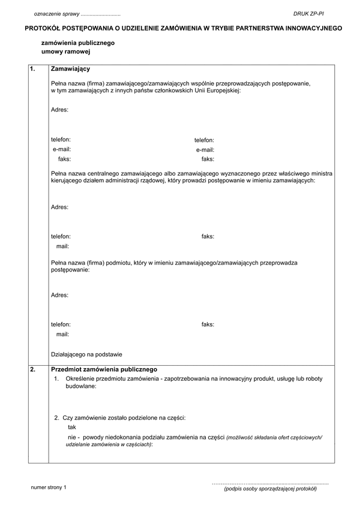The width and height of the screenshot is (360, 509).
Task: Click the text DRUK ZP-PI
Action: tap(308, 13)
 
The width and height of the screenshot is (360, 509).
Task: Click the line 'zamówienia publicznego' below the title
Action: tap(77, 43)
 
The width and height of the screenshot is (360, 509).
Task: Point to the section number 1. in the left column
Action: tap(33, 69)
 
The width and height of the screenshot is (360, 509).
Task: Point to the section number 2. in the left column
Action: tap(33, 369)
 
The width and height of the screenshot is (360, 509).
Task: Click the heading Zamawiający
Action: tap(71, 69)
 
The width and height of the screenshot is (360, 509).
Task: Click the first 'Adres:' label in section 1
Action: tap(59, 110)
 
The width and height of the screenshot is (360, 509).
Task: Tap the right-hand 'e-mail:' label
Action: tap(205, 150)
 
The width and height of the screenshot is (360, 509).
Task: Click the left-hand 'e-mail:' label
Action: tap(62, 149)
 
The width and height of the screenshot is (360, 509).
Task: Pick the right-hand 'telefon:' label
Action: tap(204, 140)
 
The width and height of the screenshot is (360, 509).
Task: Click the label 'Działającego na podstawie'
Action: tap(86, 354)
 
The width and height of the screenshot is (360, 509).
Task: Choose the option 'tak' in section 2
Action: tap(72, 427)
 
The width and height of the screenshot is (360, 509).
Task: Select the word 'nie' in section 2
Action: tap(72, 437)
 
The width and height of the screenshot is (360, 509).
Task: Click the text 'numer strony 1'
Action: tap(49, 488)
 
